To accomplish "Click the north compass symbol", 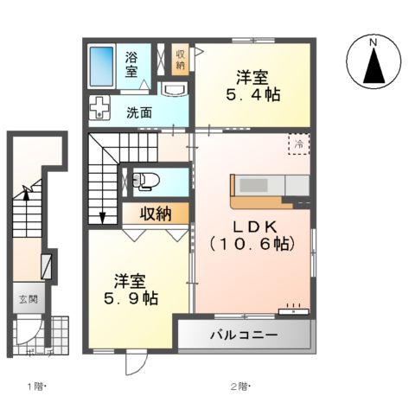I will [x=373, y=61].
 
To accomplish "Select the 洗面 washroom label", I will [x=139, y=112].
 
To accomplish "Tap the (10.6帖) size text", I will [x=250, y=245].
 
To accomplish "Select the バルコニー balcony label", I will [x=242, y=335].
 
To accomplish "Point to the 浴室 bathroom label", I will [x=132, y=65].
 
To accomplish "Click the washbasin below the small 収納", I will [x=174, y=90].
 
